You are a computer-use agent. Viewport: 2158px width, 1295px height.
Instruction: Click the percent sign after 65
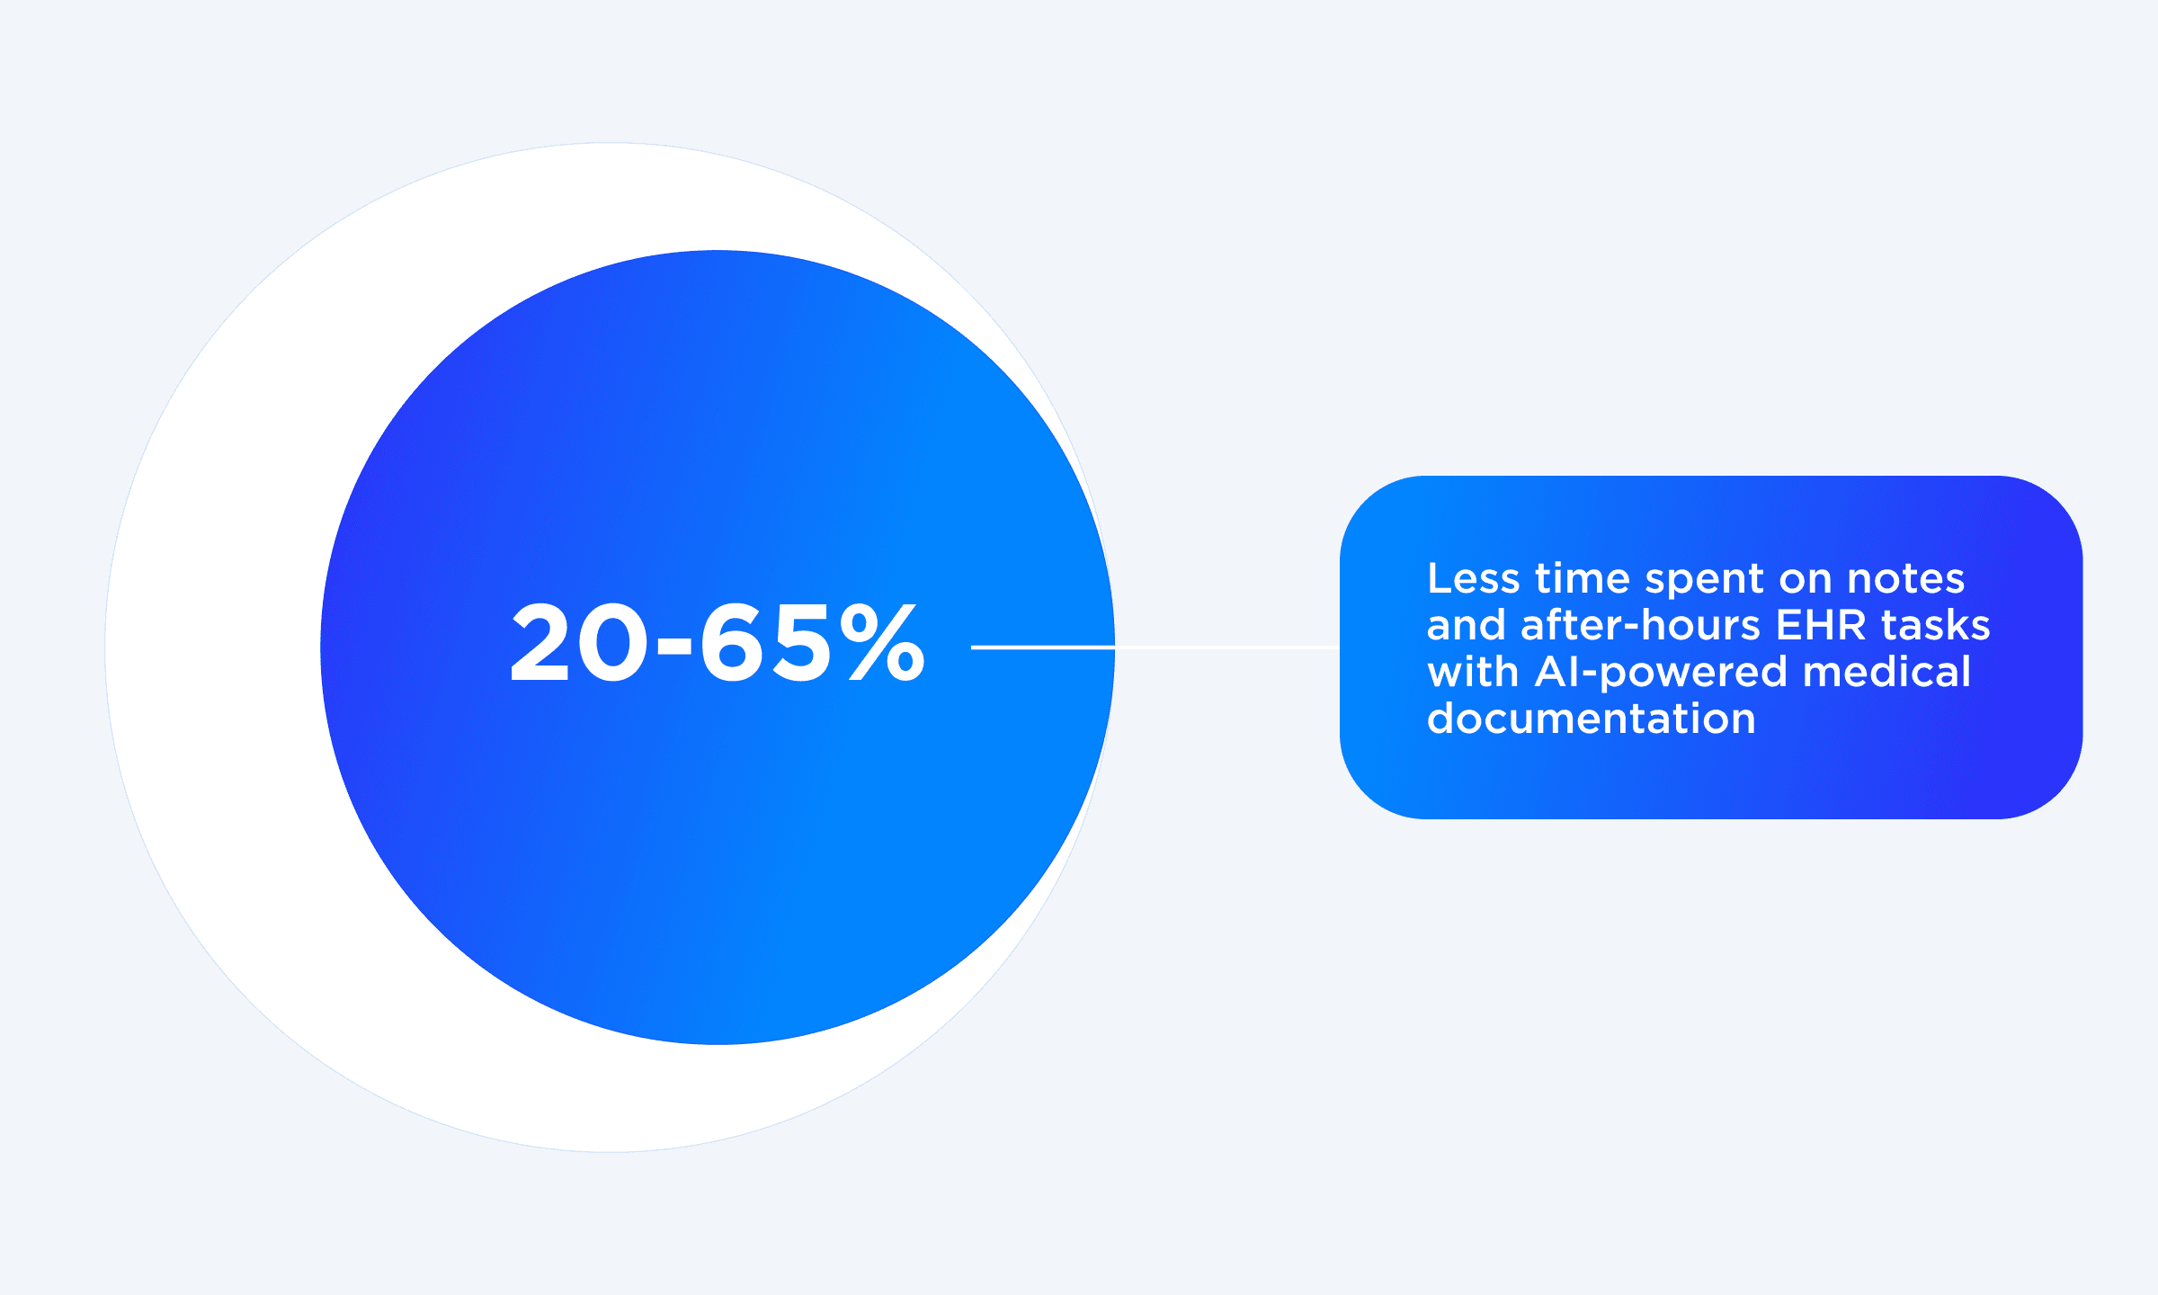coord(882,642)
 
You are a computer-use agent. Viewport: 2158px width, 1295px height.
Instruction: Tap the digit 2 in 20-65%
coord(539,642)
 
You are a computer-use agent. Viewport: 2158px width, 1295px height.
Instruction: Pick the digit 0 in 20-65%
coord(611,642)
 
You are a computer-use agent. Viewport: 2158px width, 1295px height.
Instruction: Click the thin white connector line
coord(1223,647)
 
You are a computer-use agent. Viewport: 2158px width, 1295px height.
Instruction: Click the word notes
coord(1905,578)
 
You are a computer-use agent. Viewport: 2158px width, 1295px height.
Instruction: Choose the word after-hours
coord(1640,625)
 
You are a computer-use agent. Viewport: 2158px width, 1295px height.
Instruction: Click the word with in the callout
coord(1472,672)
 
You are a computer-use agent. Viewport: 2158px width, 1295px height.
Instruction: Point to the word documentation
coord(1591,719)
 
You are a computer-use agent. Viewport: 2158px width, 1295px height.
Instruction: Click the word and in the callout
coord(1466,625)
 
